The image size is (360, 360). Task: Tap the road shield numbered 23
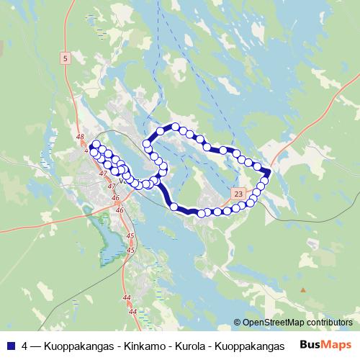pyautogui.click(x=239, y=193)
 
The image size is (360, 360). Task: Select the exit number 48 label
pyautogui.click(x=79, y=137)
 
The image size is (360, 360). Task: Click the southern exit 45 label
pyautogui.click(x=130, y=249)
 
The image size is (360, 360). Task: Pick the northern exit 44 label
pyautogui.click(x=127, y=297)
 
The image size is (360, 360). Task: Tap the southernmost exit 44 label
pyautogui.click(x=132, y=311)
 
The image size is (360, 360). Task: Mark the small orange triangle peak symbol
pyautogui.click(x=303, y=290)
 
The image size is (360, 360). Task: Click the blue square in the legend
pyautogui.click(x=11, y=344)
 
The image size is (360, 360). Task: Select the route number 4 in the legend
pyautogui.click(x=25, y=344)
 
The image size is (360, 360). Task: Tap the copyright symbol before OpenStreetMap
pyautogui.click(x=238, y=322)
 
